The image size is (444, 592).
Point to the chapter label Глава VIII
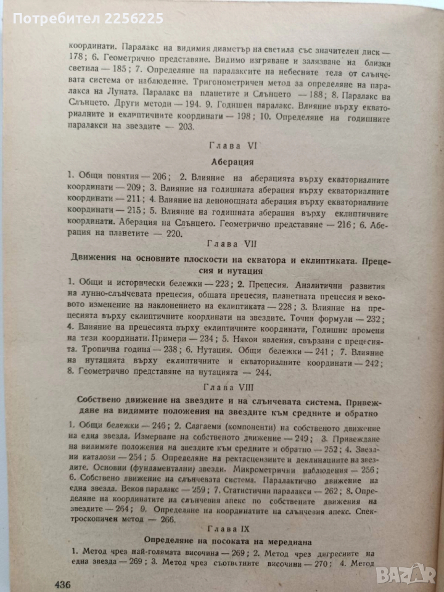tap(224, 387)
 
